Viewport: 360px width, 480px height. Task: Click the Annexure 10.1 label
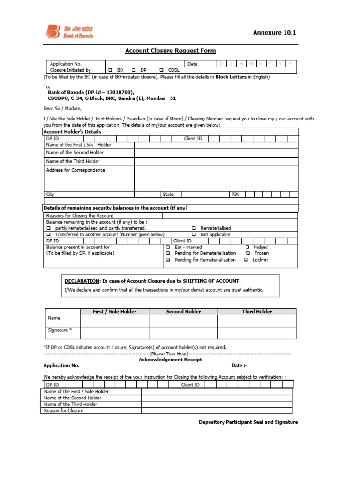click(275, 32)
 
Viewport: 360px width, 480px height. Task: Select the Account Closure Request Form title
click(170, 51)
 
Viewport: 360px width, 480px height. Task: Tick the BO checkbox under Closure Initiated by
click(111, 70)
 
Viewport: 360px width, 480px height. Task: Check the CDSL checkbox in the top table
click(162, 70)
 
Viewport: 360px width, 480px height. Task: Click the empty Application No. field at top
click(145, 64)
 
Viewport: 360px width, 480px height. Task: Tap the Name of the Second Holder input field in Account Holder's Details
click(216, 153)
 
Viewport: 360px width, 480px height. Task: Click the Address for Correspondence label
click(75, 170)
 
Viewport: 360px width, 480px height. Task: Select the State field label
click(168, 194)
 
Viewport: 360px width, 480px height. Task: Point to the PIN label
click(235, 194)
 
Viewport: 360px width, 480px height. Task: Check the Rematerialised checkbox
click(194, 228)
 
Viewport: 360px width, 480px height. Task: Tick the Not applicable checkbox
click(194, 234)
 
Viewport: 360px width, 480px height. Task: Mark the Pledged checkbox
click(247, 247)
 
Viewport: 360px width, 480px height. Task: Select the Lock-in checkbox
click(246, 260)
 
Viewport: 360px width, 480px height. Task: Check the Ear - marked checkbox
click(168, 247)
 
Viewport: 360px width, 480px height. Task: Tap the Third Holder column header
click(257, 311)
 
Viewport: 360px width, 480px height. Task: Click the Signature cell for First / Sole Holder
click(114, 332)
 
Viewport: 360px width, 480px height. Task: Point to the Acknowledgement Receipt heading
click(170, 360)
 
